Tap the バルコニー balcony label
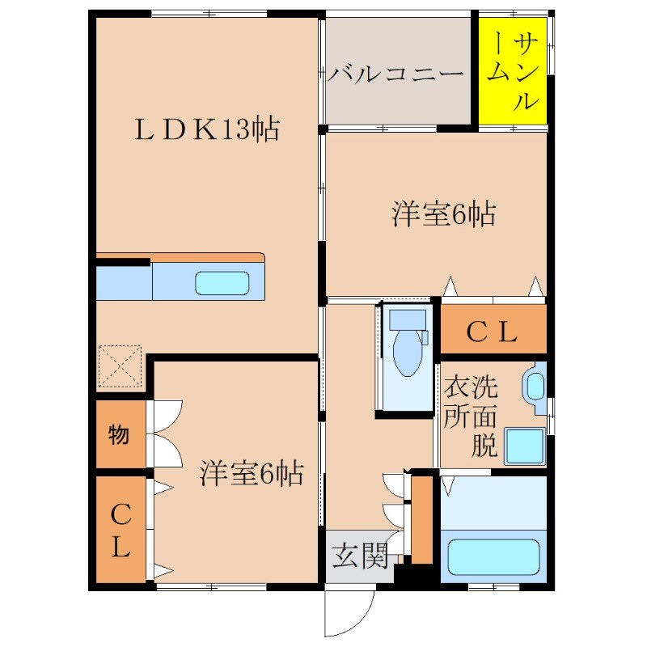(396, 75)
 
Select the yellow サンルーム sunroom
(513, 71)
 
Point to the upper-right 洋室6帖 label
(443, 215)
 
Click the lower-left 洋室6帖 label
(252, 473)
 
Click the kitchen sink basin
(222, 283)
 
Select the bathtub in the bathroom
(493, 556)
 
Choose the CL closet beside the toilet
(493, 332)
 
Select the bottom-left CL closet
(121, 531)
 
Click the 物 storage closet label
(119, 435)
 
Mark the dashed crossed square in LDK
(120, 367)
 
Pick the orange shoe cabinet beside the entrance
(422, 519)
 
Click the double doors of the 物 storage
(165, 433)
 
